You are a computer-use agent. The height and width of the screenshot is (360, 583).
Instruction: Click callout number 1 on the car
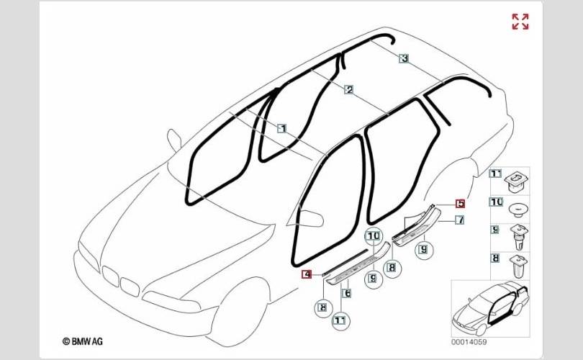click(x=283, y=128)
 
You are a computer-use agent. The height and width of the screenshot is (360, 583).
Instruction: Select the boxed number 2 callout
click(x=349, y=90)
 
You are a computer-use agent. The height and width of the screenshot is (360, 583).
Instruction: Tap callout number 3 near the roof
click(x=405, y=58)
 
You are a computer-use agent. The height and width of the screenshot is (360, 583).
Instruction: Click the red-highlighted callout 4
click(x=306, y=274)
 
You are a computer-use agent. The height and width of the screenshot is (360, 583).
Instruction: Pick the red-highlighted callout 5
click(x=460, y=204)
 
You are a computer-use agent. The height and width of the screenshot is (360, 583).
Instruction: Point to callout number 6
click(x=346, y=293)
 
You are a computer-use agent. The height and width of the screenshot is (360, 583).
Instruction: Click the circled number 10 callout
click(x=373, y=235)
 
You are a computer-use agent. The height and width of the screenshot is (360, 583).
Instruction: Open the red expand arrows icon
click(x=520, y=22)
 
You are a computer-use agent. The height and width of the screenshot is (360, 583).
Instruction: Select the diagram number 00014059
click(x=469, y=342)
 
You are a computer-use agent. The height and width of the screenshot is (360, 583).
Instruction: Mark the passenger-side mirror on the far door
click(x=173, y=138)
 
